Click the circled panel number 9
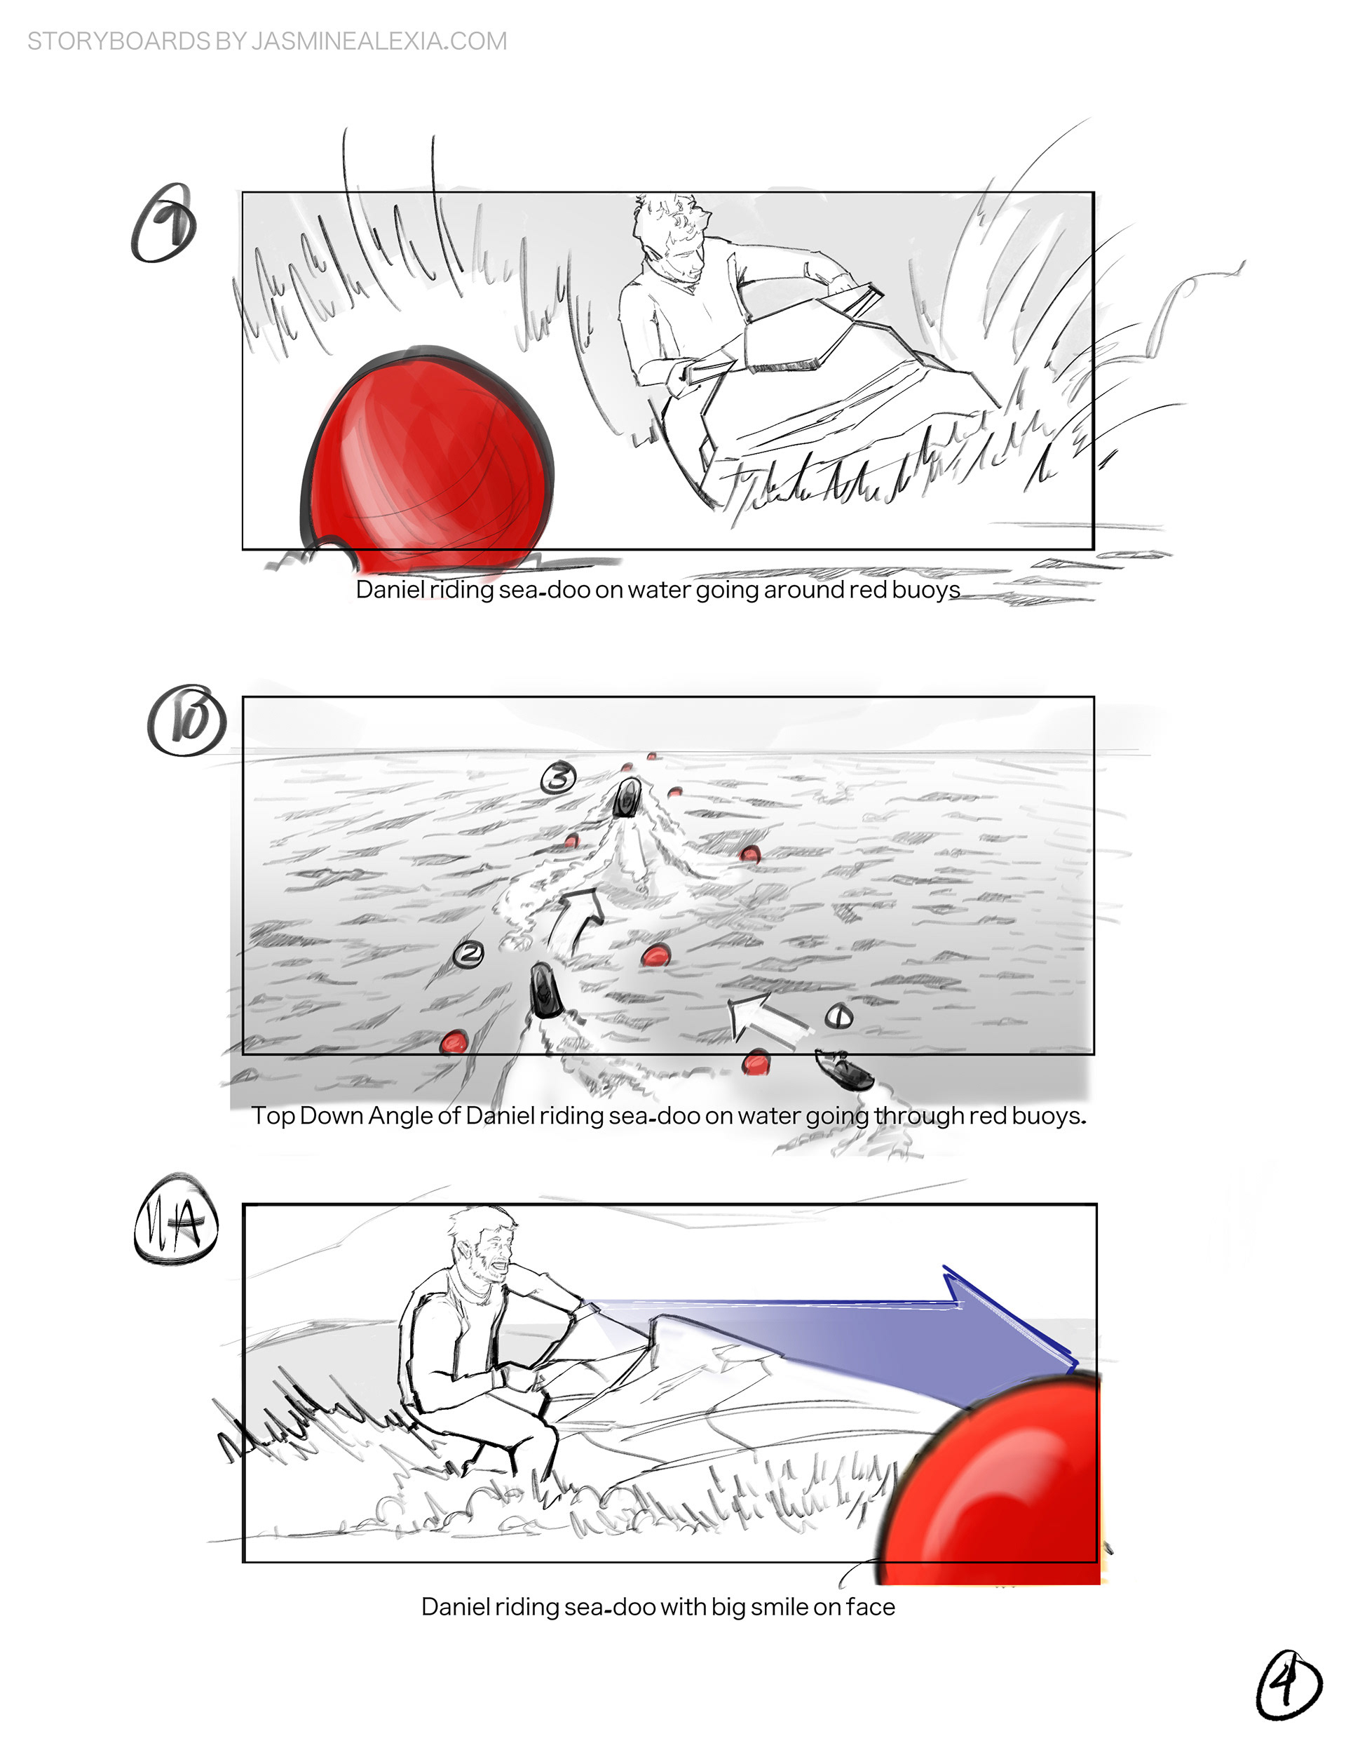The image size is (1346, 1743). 163,224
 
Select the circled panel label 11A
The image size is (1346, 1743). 175,1220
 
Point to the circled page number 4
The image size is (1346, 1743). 1289,1684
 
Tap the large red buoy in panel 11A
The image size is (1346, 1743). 993,1481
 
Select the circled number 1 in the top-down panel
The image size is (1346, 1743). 838,1016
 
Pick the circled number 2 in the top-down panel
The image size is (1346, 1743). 468,954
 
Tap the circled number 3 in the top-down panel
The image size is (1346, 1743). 559,777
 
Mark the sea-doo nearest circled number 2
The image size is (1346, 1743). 544,990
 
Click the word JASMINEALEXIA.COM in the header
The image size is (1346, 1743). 379,41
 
